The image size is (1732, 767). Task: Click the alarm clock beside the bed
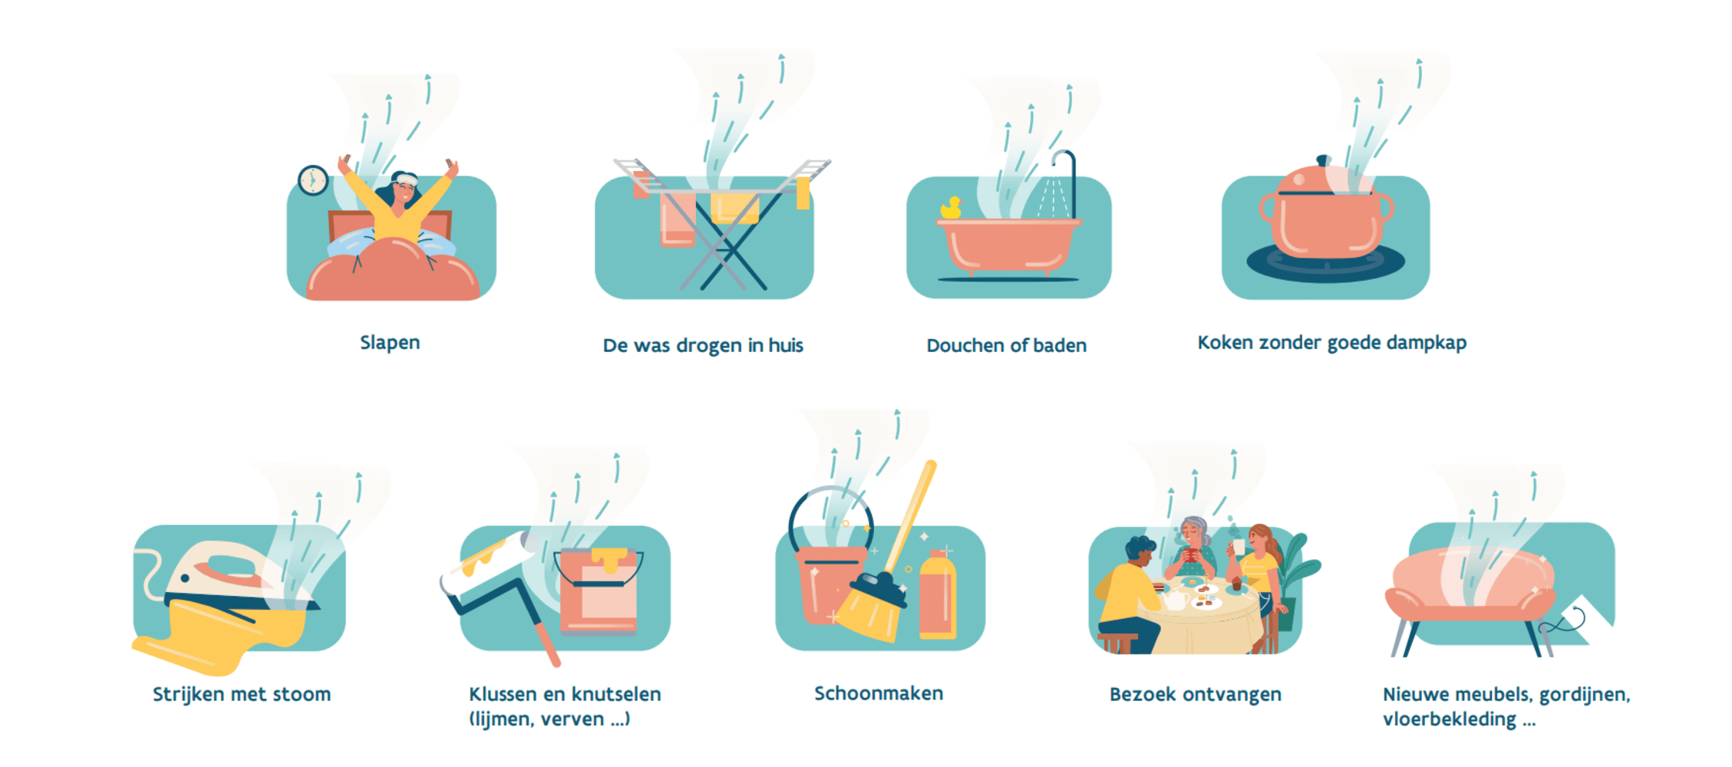(x=313, y=181)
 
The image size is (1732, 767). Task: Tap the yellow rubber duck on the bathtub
(x=951, y=208)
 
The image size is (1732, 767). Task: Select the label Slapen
(x=390, y=343)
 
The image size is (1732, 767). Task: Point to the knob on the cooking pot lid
(x=1323, y=160)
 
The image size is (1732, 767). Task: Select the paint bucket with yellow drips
(x=599, y=591)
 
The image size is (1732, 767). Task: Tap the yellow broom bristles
(x=869, y=611)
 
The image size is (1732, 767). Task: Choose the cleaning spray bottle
(x=937, y=594)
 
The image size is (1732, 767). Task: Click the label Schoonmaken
(x=879, y=693)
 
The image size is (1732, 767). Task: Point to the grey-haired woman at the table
(x=1192, y=548)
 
